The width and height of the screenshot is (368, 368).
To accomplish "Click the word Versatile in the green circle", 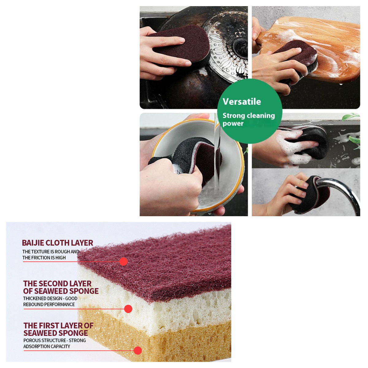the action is tap(242, 102).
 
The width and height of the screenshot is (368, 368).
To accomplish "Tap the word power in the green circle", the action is tap(233, 124).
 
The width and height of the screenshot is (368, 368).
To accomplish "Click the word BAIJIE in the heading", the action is tap(33, 243).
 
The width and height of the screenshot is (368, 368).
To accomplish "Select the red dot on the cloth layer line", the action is tap(123, 262).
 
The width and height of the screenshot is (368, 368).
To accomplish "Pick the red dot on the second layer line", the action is tap(128, 309).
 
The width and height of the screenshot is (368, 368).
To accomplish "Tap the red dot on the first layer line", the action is tap(138, 351).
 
